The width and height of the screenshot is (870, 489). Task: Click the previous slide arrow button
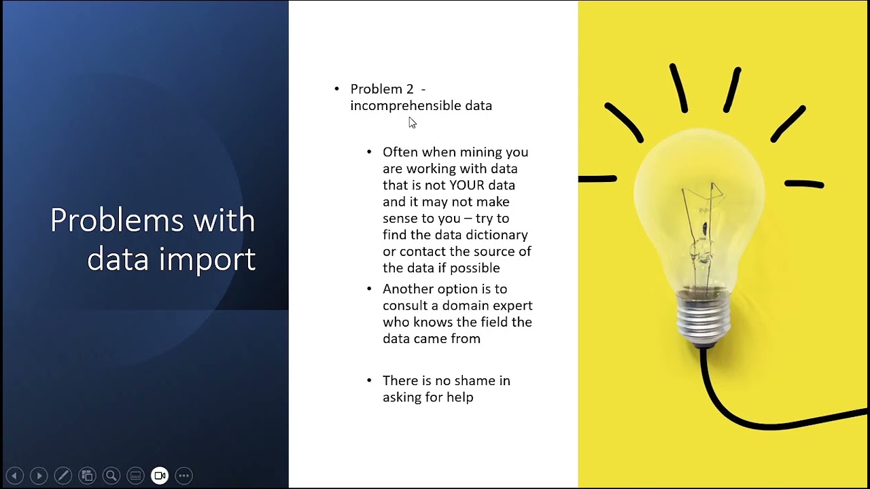14,476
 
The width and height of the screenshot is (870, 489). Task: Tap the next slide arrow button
39,476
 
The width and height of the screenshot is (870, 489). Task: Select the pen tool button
63,476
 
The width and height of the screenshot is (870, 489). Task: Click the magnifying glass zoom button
111,476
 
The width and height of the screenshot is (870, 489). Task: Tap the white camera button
160,476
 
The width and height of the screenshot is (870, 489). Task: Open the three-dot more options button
184,476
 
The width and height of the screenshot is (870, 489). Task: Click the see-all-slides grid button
87,476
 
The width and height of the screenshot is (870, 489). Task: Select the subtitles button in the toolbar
135,476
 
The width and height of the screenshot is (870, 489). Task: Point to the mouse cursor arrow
411,122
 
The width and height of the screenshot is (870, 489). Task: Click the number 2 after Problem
410,89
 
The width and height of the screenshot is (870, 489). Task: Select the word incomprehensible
406,106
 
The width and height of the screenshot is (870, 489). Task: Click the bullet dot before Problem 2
336,89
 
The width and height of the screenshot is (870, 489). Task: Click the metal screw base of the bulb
704,319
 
